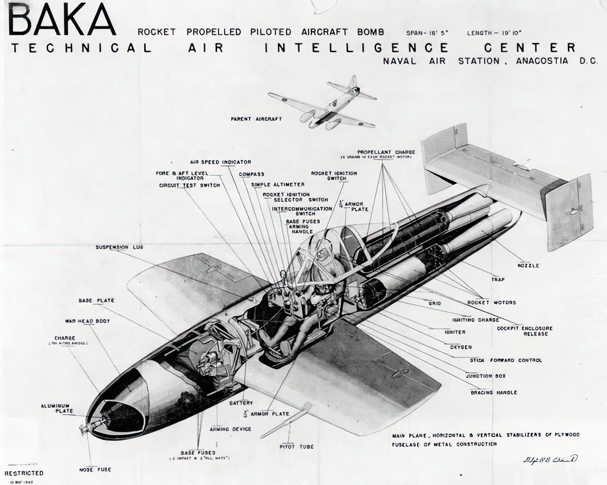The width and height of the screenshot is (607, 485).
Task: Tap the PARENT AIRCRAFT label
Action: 256,119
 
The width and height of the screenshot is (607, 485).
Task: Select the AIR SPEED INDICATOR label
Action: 220,162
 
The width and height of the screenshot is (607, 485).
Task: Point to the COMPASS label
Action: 251,175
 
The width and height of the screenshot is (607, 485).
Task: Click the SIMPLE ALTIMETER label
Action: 278,185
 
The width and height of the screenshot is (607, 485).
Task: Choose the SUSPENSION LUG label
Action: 119,247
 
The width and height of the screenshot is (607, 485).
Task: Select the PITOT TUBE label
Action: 296,447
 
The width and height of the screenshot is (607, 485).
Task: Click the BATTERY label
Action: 241,403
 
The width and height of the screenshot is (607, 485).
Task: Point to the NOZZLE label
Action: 528,266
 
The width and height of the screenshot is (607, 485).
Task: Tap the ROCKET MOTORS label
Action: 491,302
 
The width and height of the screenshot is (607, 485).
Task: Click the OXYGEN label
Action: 460,347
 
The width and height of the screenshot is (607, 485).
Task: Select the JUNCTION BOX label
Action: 486,376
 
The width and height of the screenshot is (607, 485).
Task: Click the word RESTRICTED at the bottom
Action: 24,473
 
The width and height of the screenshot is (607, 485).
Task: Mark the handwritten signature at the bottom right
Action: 550,459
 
